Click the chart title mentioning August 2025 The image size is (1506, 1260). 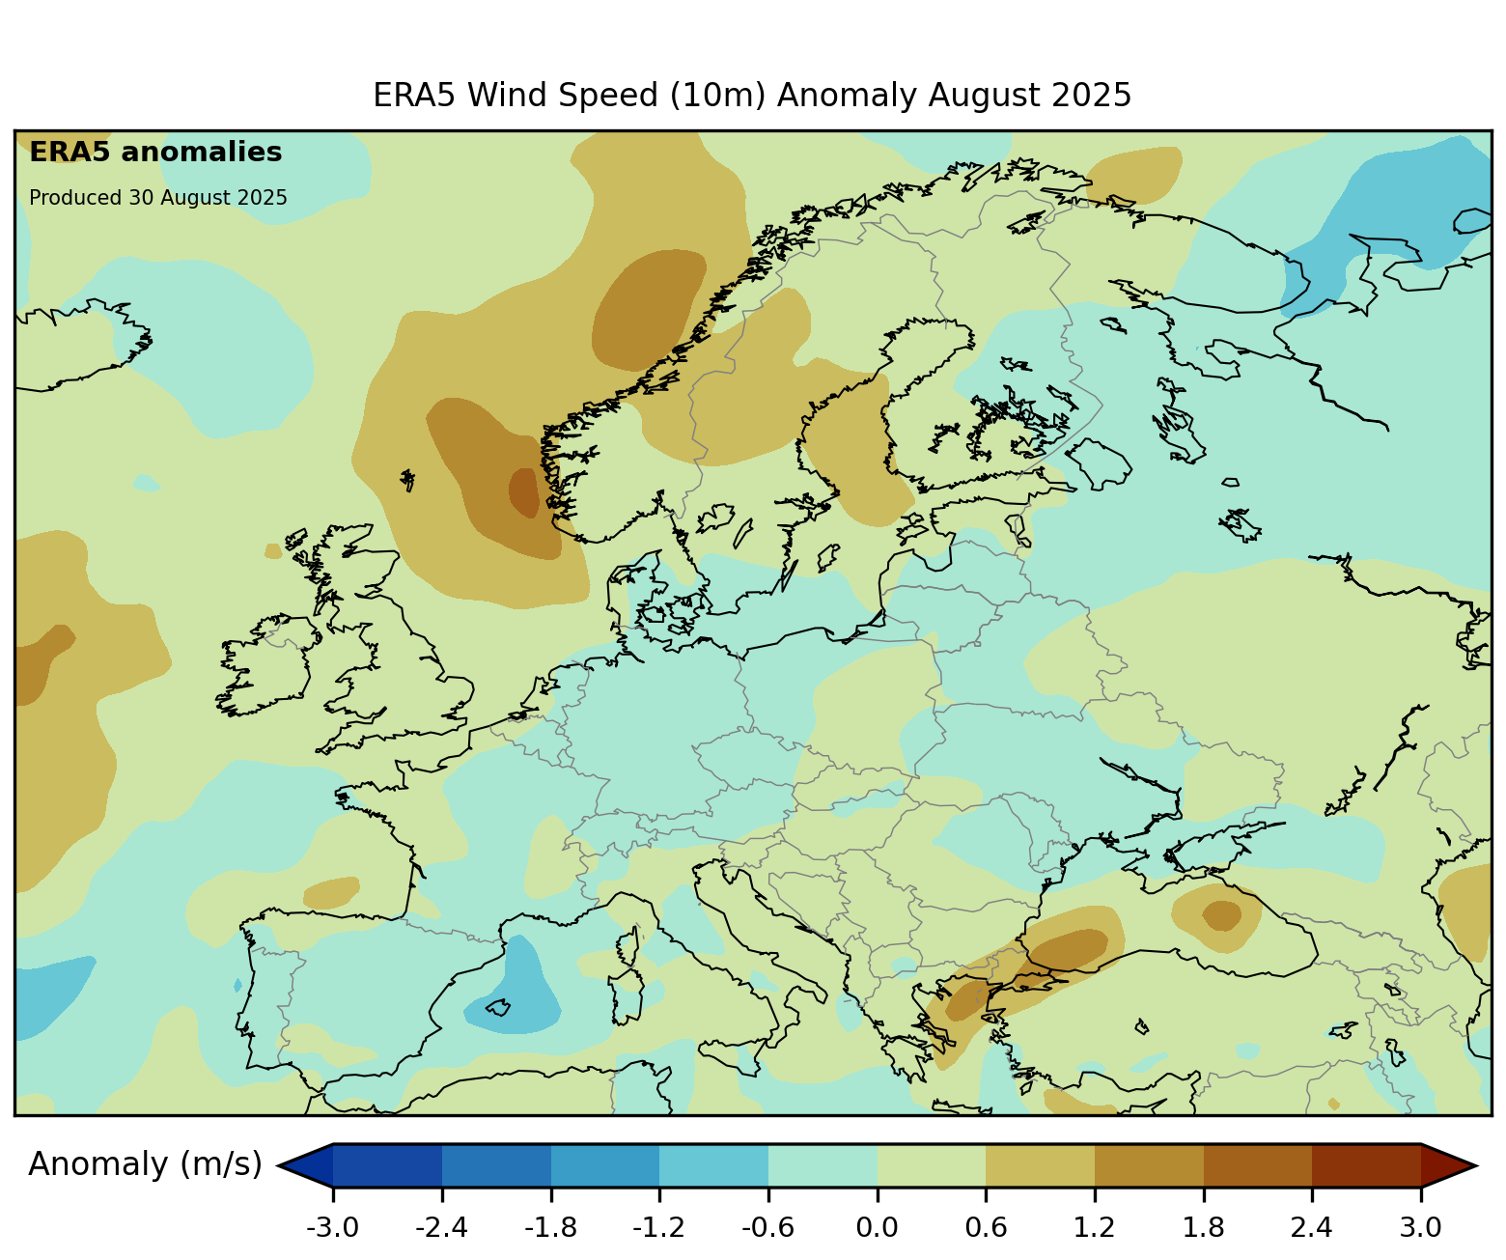point(752,96)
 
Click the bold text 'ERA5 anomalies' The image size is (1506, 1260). point(155,153)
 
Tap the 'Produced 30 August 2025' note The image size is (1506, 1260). point(158,198)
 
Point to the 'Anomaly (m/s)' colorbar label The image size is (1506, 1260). point(145,1164)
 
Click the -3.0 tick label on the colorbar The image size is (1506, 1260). point(333,1228)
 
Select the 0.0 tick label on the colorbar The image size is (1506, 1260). point(878,1228)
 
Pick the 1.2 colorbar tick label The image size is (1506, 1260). point(1095,1228)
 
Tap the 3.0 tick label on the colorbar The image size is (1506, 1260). point(1421,1228)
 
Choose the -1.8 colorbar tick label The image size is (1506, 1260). point(550,1228)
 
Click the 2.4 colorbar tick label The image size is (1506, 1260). point(1312,1228)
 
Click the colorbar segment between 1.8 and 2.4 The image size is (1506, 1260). point(1258,1165)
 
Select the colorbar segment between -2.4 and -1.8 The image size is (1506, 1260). point(496,1165)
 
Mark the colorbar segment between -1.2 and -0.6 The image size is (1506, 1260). point(713,1165)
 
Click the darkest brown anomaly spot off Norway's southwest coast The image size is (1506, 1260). point(523,490)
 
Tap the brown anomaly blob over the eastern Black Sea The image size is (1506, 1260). point(1221,914)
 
